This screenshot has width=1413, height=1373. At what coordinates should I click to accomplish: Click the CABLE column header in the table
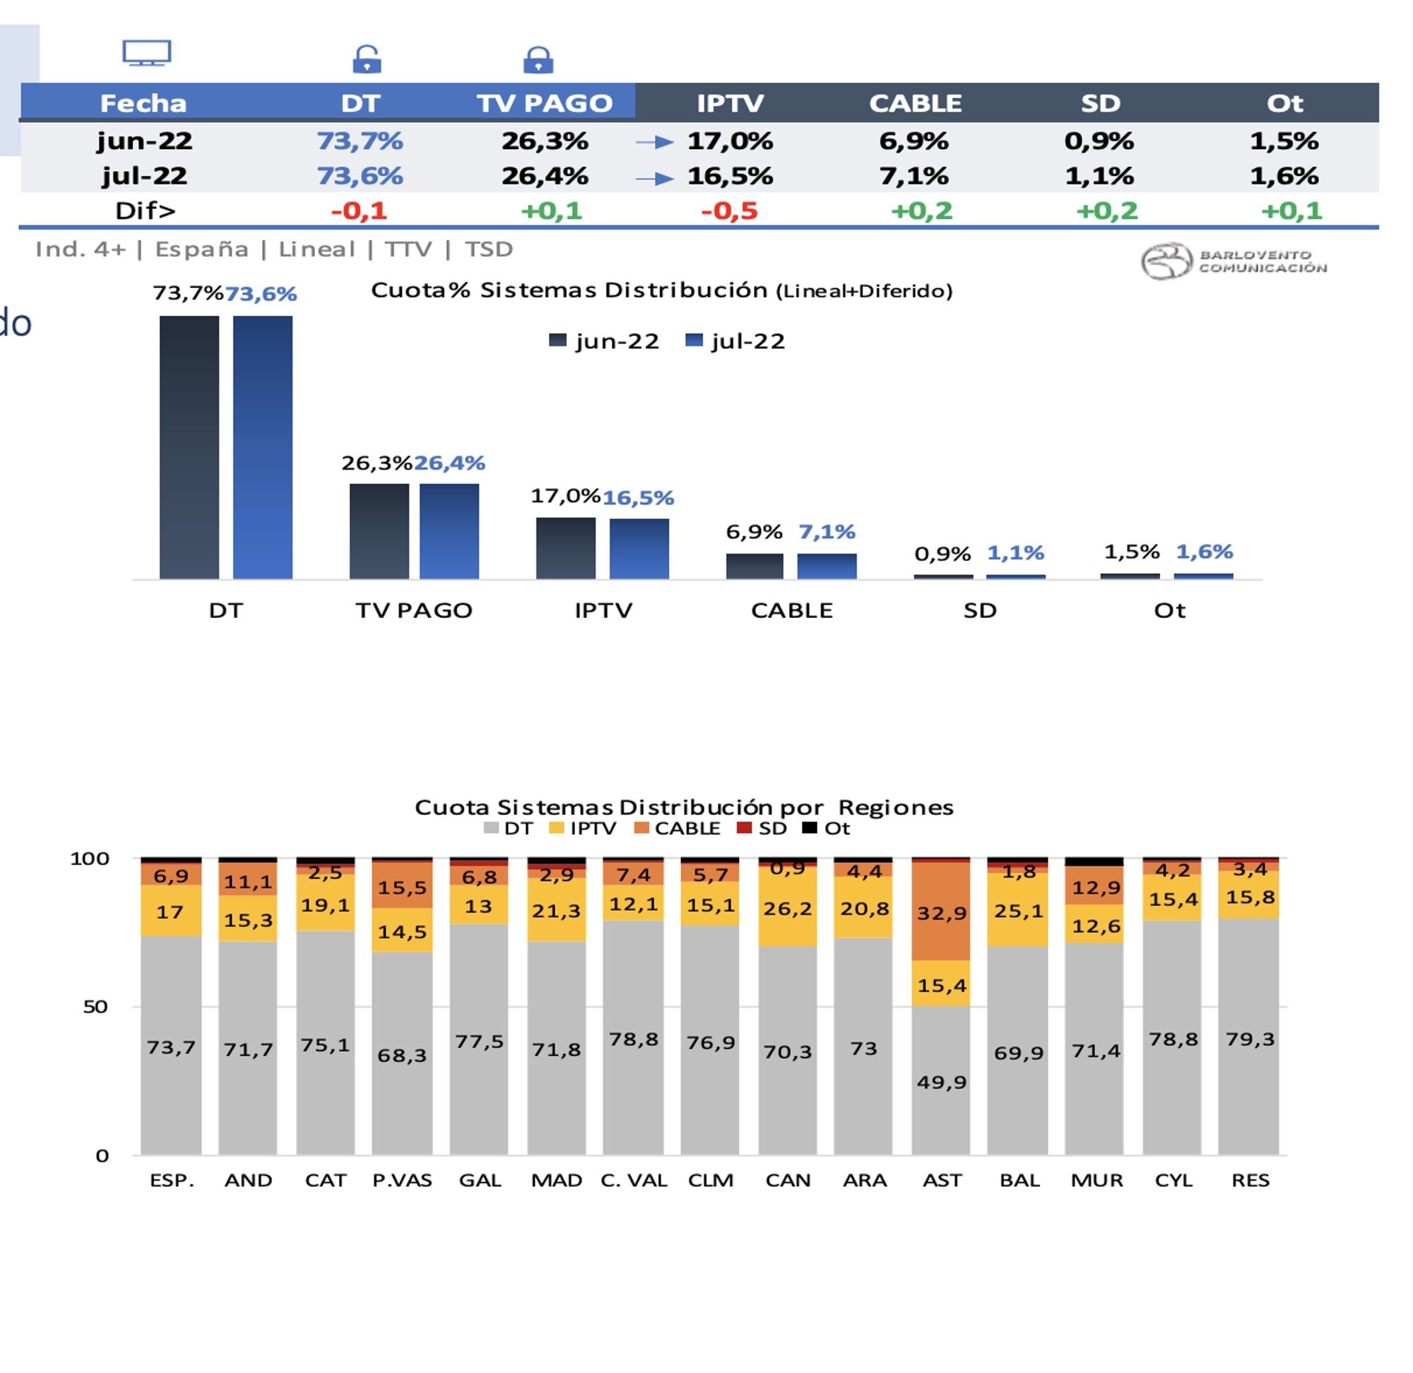[x=915, y=103]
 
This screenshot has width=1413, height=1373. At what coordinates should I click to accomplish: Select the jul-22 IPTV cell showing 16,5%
[x=729, y=176]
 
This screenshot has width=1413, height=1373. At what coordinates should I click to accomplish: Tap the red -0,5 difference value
[x=728, y=210]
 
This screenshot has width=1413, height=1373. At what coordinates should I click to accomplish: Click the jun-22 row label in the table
[x=144, y=141]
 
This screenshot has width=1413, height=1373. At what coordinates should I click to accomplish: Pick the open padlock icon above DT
[x=367, y=59]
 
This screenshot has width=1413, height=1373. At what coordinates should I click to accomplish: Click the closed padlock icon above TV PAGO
[x=538, y=60]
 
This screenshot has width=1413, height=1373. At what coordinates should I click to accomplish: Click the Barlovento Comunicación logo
[x=1234, y=261]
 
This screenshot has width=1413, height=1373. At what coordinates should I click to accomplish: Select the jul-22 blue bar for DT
[x=263, y=447]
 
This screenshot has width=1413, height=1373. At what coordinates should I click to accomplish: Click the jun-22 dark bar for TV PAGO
[x=379, y=530]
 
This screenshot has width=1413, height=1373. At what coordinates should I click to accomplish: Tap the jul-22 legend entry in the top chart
[x=735, y=341]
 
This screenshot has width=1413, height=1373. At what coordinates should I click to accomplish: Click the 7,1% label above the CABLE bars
[x=827, y=533]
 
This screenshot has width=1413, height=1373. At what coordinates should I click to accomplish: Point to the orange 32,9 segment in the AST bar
[x=940, y=913]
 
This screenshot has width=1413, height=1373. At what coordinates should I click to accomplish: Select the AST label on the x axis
[x=941, y=1180]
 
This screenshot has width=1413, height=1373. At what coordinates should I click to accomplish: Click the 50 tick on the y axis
[x=96, y=1006]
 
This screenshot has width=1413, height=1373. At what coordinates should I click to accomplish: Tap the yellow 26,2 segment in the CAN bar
[x=787, y=908]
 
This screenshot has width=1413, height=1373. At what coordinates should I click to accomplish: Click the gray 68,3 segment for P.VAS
[x=402, y=1056]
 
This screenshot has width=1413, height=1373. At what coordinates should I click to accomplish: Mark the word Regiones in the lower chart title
[x=895, y=807]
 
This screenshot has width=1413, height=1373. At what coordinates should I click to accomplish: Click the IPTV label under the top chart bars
[x=603, y=611]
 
